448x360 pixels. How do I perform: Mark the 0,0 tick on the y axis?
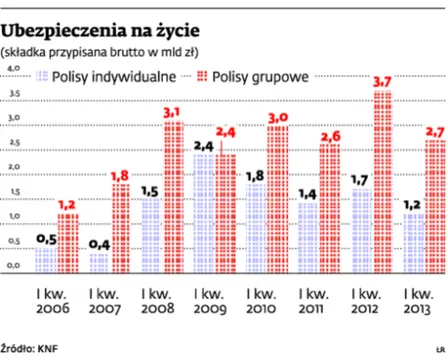13,266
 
